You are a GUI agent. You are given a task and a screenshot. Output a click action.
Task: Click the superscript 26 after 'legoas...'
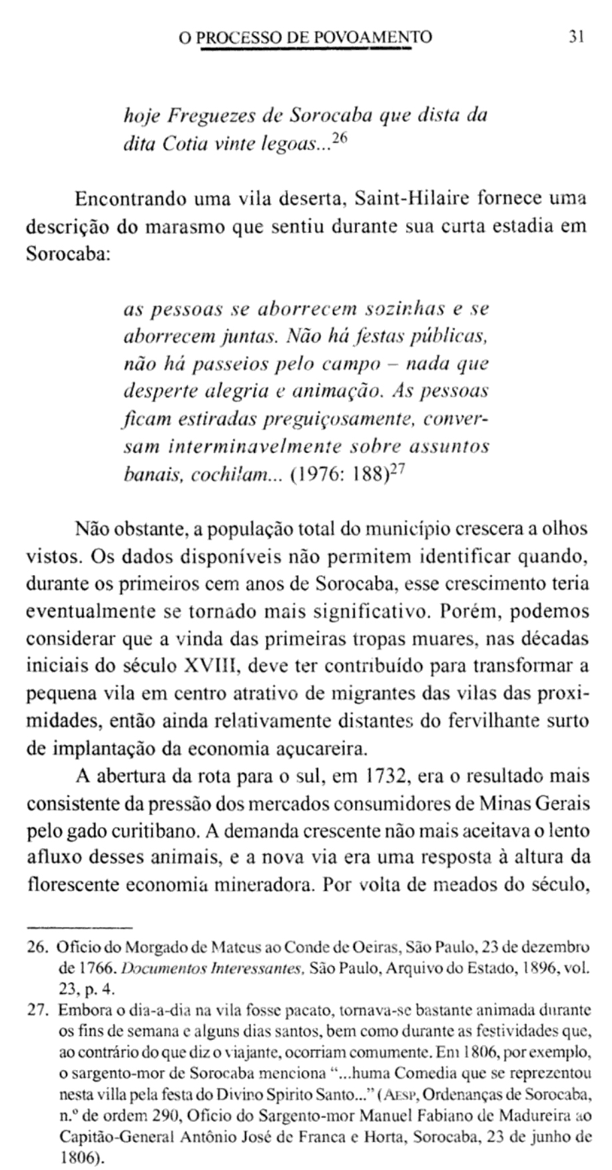click(x=340, y=139)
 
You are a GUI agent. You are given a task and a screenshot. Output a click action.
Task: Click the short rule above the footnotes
click(x=79, y=927)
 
